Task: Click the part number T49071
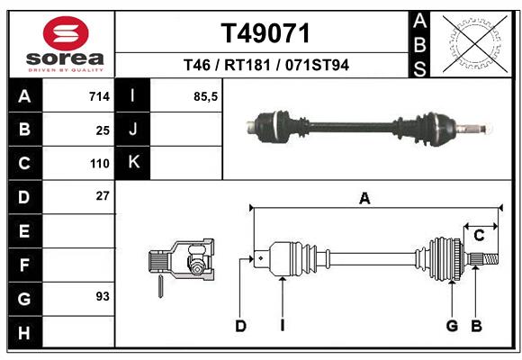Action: pyautogui.click(x=265, y=34)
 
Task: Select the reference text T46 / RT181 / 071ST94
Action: pyautogui.click(x=265, y=66)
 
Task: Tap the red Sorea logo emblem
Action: pyautogui.click(x=66, y=35)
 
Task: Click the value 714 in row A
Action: pyautogui.click(x=98, y=96)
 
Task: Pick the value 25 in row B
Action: pyautogui.click(x=102, y=130)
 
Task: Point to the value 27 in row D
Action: pyautogui.click(x=102, y=195)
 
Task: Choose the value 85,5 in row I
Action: pyautogui.click(x=206, y=96)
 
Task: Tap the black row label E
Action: pyautogui.click(x=24, y=231)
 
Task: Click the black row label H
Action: pyautogui.click(x=24, y=333)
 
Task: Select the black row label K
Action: pyautogui.click(x=133, y=163)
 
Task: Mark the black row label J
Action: pyautogui.click(x=133, y=130)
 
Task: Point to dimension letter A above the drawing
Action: pyautogui.click(x=364, y=199)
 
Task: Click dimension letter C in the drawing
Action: pyautogui.click(x=480, y=236)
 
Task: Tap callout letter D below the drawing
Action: pyautogui.click(x=240, y=326)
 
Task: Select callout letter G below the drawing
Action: pyautogui.click(x=453, y=326)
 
